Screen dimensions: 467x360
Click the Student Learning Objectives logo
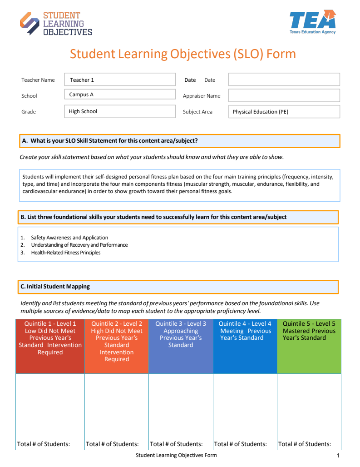point(56,24)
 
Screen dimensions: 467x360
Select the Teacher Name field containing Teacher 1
point(120,80)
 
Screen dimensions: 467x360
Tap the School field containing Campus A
point(120,95)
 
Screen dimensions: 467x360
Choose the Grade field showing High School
point(120,111)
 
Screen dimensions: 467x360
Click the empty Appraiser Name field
point(284,95)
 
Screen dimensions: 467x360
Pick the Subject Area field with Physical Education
point(284,112)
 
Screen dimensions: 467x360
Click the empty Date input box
point(284,79)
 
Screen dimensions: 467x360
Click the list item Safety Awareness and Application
point(69,238)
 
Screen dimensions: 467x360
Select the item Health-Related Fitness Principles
point(66,253)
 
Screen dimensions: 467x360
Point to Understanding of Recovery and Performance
point(79,245)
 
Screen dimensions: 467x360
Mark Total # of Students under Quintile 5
point(305,444)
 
